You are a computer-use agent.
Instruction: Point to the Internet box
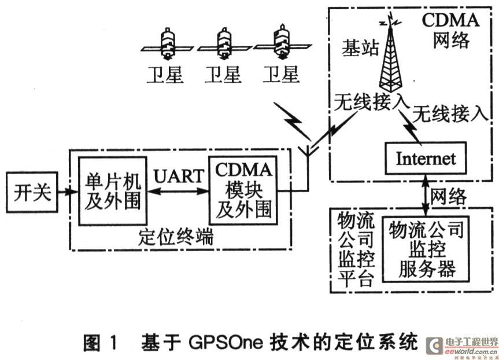[426, 157]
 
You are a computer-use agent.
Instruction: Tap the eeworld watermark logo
[463, 346]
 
